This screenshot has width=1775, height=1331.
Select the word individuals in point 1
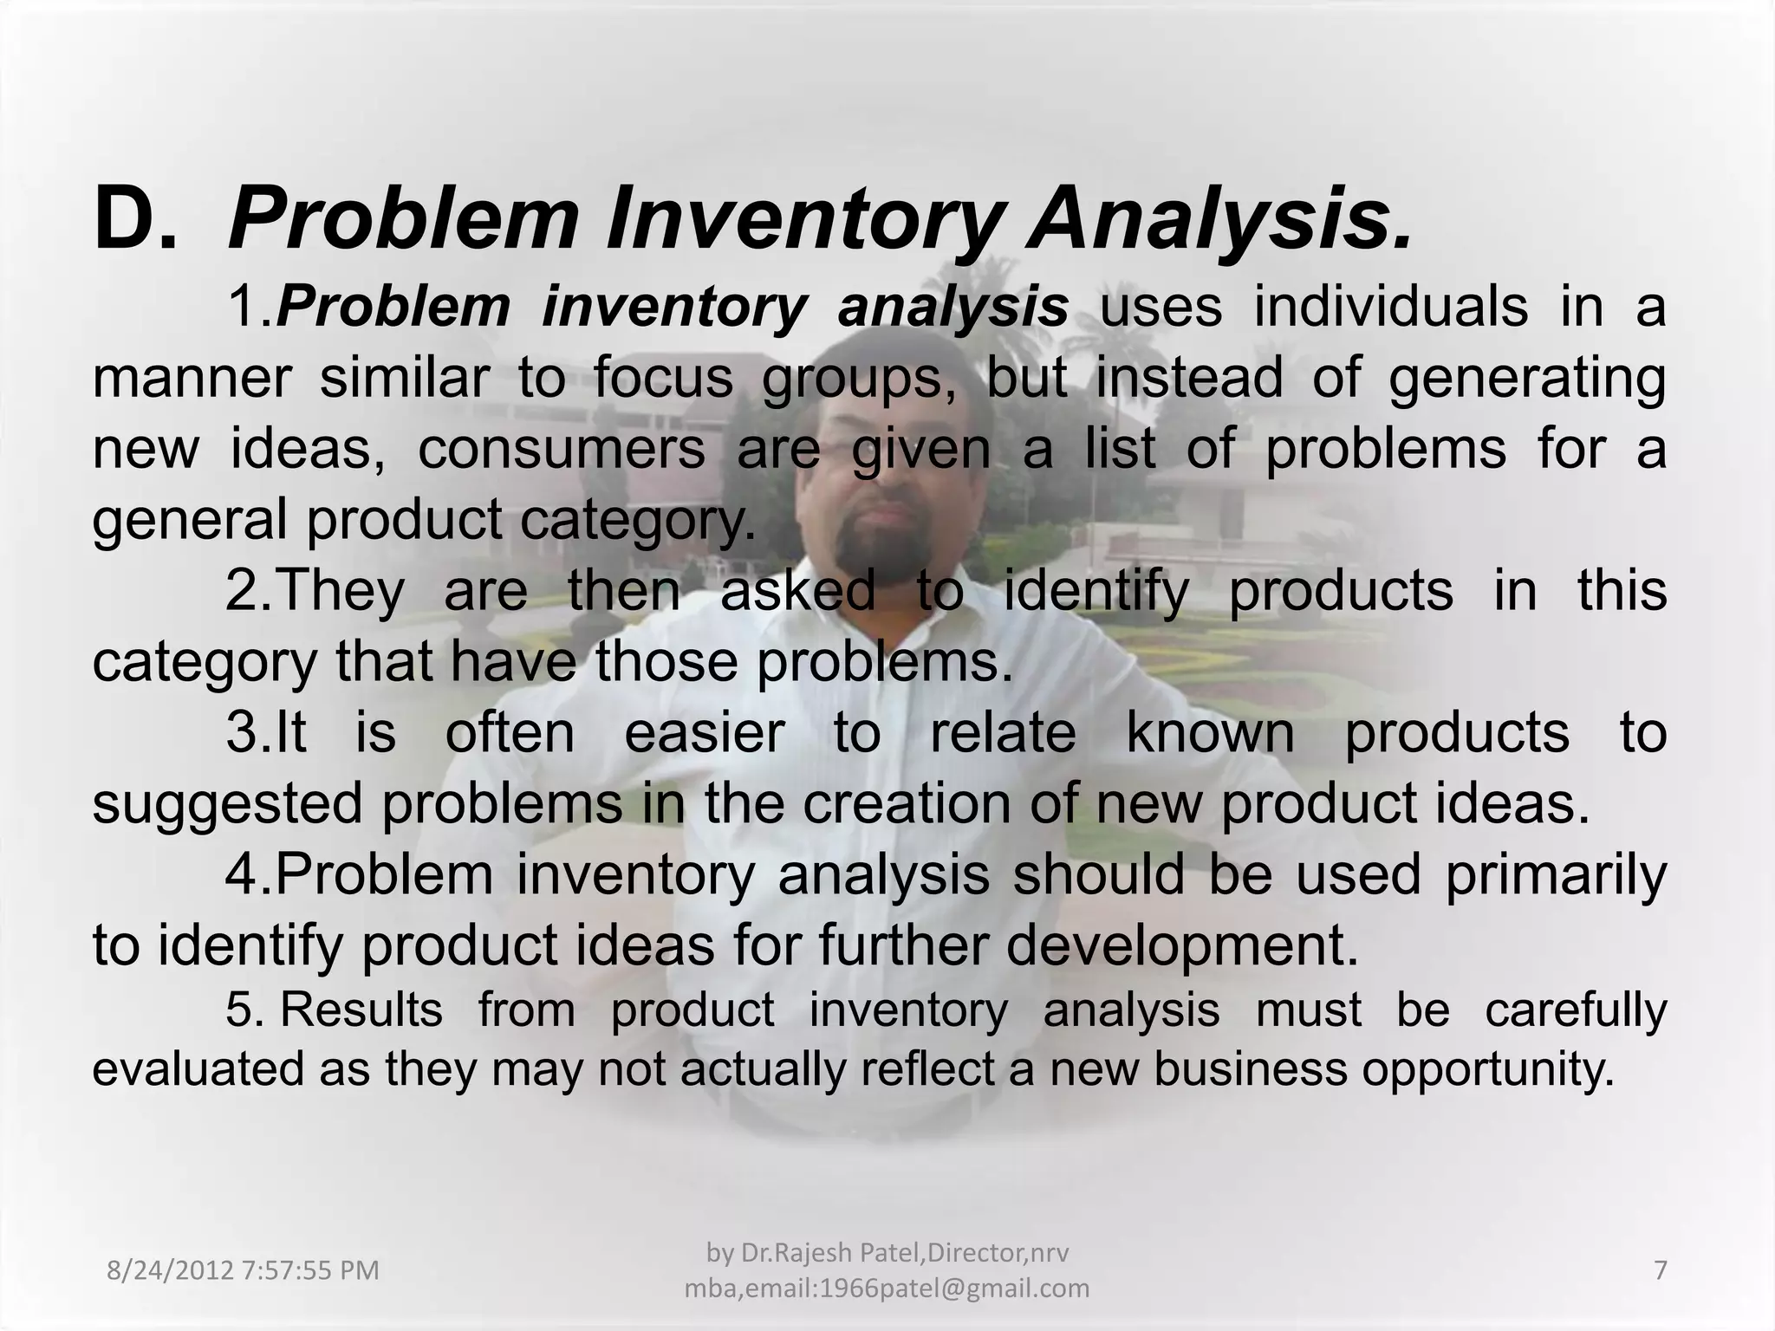pyautogui.click(x=1390, y=307)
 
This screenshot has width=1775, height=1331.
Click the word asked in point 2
pyautogui.click(x=797, y=591)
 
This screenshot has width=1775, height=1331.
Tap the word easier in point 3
pyautogui.click(x=705, y=732)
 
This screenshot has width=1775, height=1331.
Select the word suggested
pyautogui.click(x=227, y=803)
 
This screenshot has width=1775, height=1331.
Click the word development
pyautogui.click(x=1182, y=945)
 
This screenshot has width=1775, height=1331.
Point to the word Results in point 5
pyautogui.click(x=361, y=1010)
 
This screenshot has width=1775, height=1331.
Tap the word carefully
pyautogui.click(x=1576, y=1010)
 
